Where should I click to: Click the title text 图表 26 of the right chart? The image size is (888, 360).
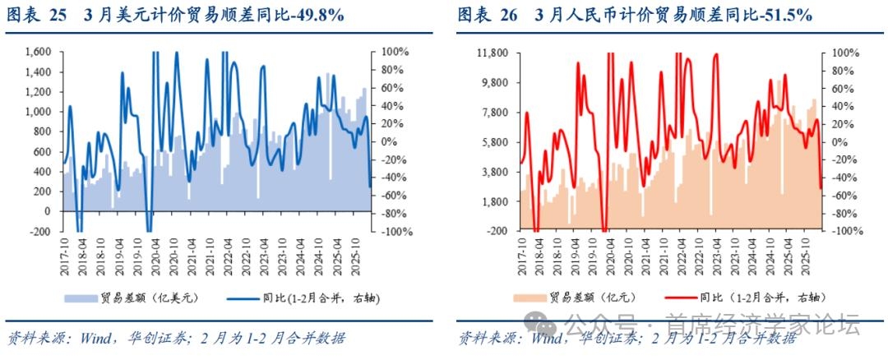tap(487, 16)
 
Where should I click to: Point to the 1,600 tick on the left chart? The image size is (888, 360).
tap(36, 52)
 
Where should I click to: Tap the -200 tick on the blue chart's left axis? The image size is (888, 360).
tap(41, 231)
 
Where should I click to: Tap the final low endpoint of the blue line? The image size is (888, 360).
tap(368, 186)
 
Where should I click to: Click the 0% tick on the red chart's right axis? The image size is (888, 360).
tap(832, 142)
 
